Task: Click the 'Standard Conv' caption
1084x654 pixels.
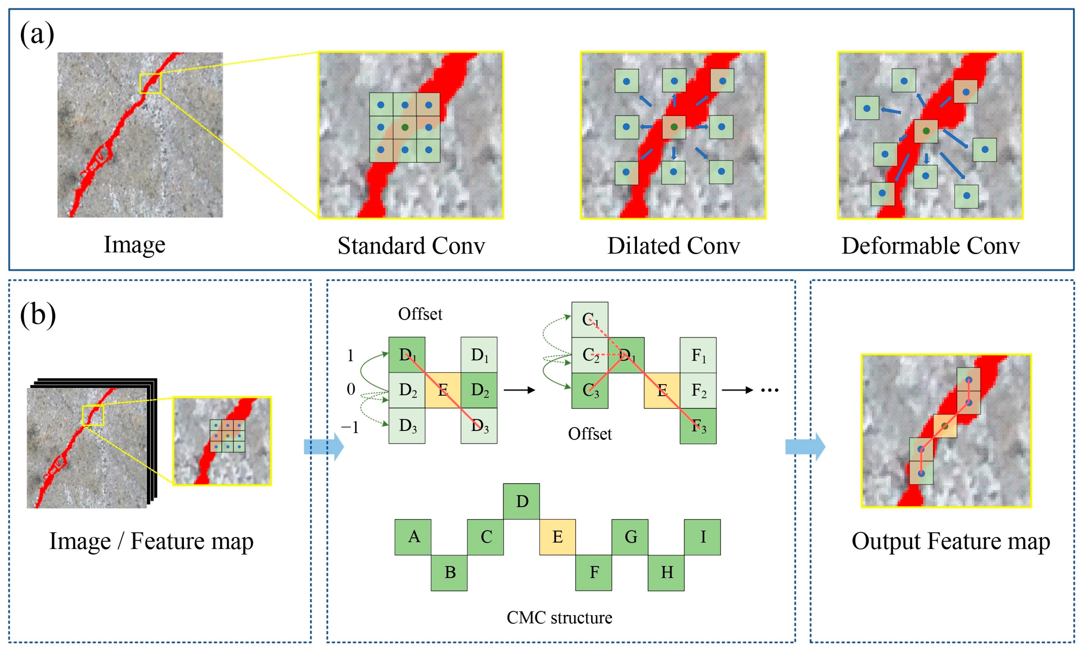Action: [411, 246]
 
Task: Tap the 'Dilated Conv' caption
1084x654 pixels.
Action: [674, 246]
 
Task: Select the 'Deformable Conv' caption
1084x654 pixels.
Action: [931, 246]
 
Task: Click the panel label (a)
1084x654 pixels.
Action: [37, 34]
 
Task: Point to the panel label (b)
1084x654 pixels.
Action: [38, 315]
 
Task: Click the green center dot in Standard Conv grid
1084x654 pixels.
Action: [405, 128]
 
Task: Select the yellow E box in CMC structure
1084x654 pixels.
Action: [557, 537]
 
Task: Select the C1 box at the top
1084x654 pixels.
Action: [589, 320]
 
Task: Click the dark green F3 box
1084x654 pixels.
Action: [698, 426]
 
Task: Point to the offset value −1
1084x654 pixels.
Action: [350, 427]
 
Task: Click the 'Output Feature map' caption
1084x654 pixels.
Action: [950, 541]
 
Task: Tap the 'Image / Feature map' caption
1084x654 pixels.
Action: [151, 541]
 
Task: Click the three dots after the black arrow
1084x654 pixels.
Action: [770, 390]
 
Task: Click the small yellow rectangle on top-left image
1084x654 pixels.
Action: [150, 84]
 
